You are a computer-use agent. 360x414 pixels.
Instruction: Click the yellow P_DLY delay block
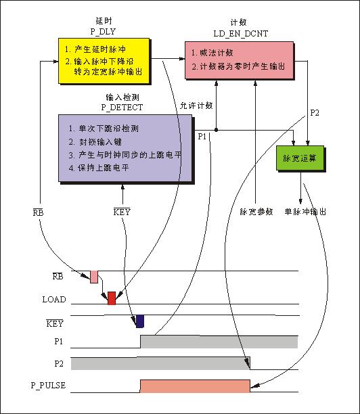104,61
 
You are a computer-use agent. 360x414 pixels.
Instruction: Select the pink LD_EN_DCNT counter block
240,60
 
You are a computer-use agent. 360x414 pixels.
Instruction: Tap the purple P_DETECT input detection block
125,148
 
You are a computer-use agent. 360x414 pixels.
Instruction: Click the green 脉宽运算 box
300,158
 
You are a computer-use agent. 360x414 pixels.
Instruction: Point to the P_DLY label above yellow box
103,31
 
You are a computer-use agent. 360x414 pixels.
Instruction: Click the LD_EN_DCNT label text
241,34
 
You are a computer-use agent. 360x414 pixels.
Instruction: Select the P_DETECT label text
122,107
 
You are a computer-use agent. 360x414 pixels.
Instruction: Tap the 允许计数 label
196,106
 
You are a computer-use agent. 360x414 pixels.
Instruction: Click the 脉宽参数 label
256,212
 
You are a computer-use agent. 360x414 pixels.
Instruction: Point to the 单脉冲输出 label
305,212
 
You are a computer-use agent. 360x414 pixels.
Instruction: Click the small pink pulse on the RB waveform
94,277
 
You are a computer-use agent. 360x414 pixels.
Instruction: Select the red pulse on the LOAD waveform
112,298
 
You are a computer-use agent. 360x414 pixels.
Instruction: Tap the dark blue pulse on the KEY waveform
140,321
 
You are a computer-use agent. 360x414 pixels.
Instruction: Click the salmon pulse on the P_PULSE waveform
195,386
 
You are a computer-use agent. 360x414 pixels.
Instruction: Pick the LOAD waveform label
54,300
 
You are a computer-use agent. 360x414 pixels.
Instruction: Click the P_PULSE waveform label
48,386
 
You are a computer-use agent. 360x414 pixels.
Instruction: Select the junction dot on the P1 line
217,130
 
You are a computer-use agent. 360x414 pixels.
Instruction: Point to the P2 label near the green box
315,113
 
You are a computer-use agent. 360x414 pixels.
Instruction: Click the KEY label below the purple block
122,212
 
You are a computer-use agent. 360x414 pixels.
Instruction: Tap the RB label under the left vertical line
38,212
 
